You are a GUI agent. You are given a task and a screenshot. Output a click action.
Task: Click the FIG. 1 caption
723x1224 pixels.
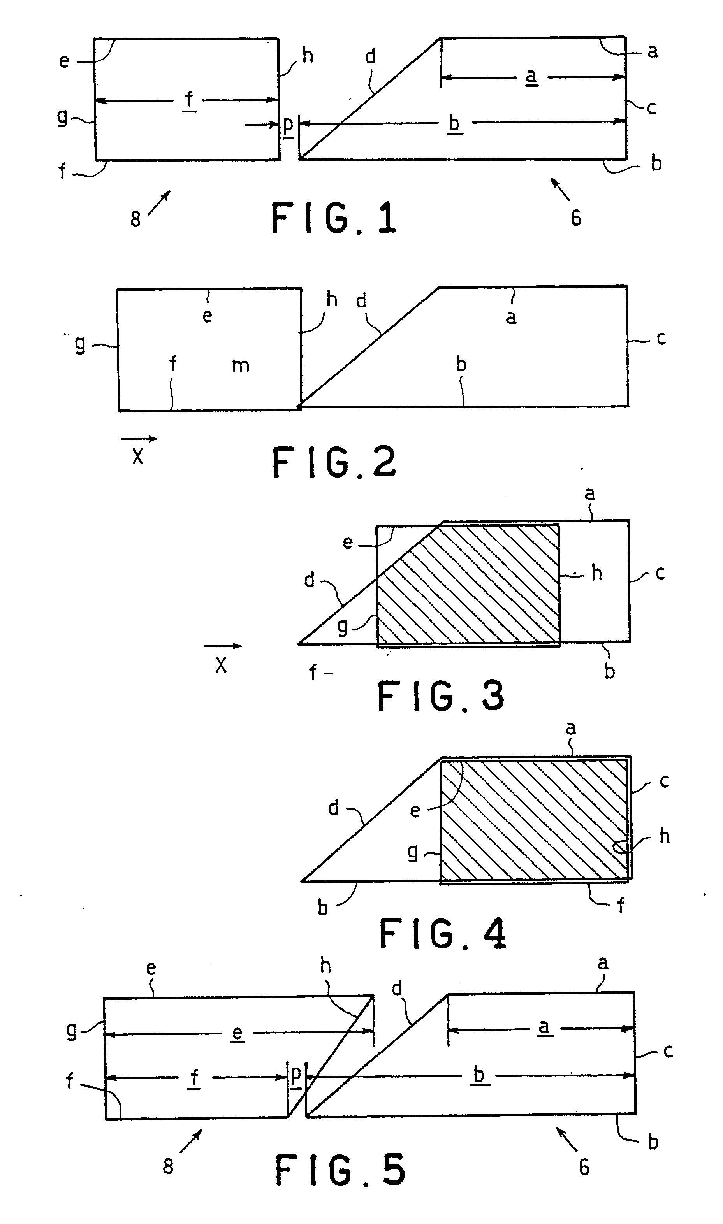coord(334,219)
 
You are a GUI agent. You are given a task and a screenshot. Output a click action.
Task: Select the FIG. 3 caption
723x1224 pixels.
coord(441,696)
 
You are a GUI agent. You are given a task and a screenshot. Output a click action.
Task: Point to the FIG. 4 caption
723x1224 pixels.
coord(443,933)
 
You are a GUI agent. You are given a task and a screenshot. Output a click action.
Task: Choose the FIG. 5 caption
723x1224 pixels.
coord(340,1170)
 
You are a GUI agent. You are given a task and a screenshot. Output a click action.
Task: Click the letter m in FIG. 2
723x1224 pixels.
coord(241,365)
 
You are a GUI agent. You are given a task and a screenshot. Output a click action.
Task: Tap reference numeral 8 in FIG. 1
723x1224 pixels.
coord(135,219)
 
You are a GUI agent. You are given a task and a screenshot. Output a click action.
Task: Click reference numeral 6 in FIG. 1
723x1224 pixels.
coord(576,218)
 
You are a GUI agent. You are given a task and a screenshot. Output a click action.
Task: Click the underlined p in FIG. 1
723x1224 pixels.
coord(288,125)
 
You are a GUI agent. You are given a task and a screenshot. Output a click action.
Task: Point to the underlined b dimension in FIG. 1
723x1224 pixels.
coord(454,124)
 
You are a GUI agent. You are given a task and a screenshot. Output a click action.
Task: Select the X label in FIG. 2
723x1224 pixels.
coord(138,456)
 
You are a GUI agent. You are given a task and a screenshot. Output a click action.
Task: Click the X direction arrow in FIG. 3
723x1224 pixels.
coord(223,646)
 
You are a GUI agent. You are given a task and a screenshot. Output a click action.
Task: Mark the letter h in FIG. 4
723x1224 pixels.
coord(665,836)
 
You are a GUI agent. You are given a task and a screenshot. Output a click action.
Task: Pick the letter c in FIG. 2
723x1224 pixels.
coord(661,338)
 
